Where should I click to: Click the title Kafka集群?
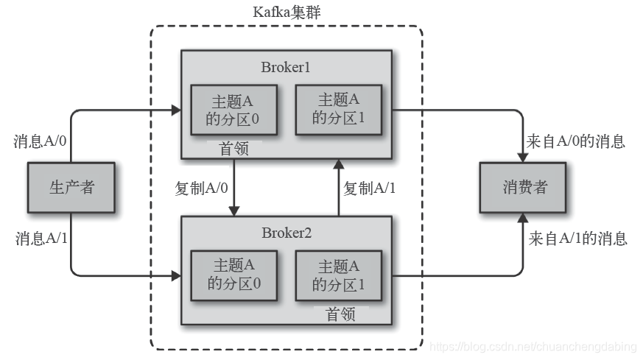286,13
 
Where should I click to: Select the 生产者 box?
71,187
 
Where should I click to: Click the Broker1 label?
286,67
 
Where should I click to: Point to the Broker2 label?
286,233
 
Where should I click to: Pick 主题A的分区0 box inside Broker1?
234,109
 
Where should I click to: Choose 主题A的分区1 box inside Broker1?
338,109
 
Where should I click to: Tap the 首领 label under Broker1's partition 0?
234,149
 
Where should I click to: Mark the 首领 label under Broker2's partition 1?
340,315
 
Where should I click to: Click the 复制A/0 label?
202,188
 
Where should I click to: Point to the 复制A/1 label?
370,188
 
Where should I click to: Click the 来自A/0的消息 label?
576,141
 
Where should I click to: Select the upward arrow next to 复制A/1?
337,187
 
